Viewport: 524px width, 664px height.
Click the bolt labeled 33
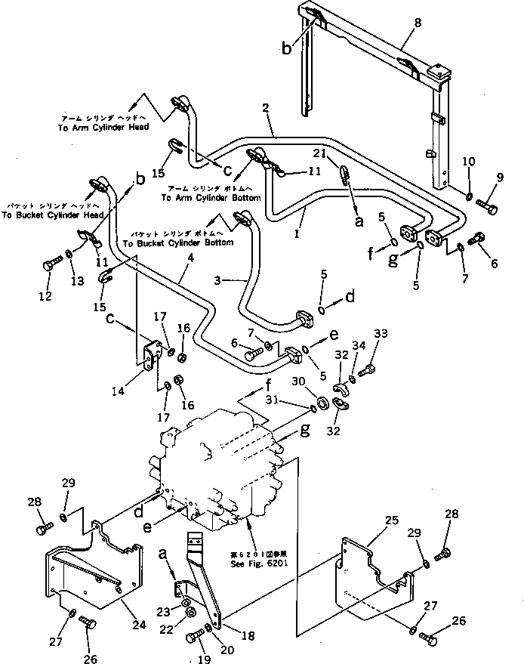pyautogui.click(x=368, y=371)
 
